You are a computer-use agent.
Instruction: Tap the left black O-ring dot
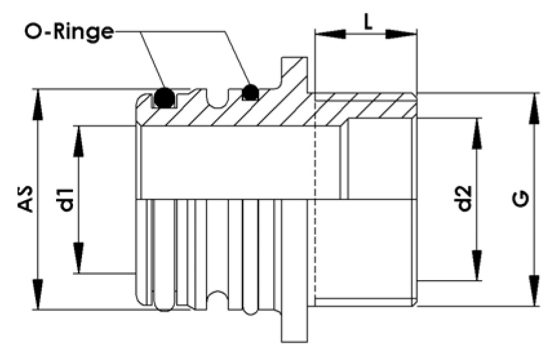pos(164,97)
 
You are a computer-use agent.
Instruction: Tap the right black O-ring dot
pos(250,93)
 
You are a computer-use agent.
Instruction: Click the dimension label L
pos(367,22)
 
